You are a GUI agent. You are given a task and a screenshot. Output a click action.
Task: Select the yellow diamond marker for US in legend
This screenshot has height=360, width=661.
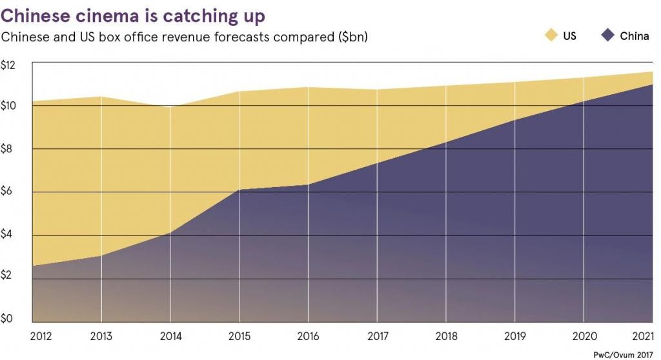[550, 36]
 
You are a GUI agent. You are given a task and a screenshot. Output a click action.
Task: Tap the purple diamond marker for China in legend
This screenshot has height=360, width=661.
[607, 36]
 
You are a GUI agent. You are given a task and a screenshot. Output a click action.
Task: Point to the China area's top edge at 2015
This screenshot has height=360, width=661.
[239, 190]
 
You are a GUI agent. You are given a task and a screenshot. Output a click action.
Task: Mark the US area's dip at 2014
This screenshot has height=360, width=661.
[170, 107]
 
